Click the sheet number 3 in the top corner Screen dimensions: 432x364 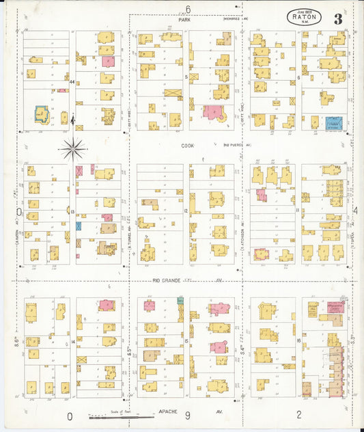[338, 18]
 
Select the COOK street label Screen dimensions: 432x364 [188, 145]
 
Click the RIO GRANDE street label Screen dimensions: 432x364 [166, 280]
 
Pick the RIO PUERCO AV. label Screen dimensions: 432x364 [238, 145]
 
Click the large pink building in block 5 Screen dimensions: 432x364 [214, 112]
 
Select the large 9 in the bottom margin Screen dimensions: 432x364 [184, 415]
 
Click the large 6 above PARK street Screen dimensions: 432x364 [188, 9]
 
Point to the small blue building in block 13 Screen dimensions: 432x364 [79, 226]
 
